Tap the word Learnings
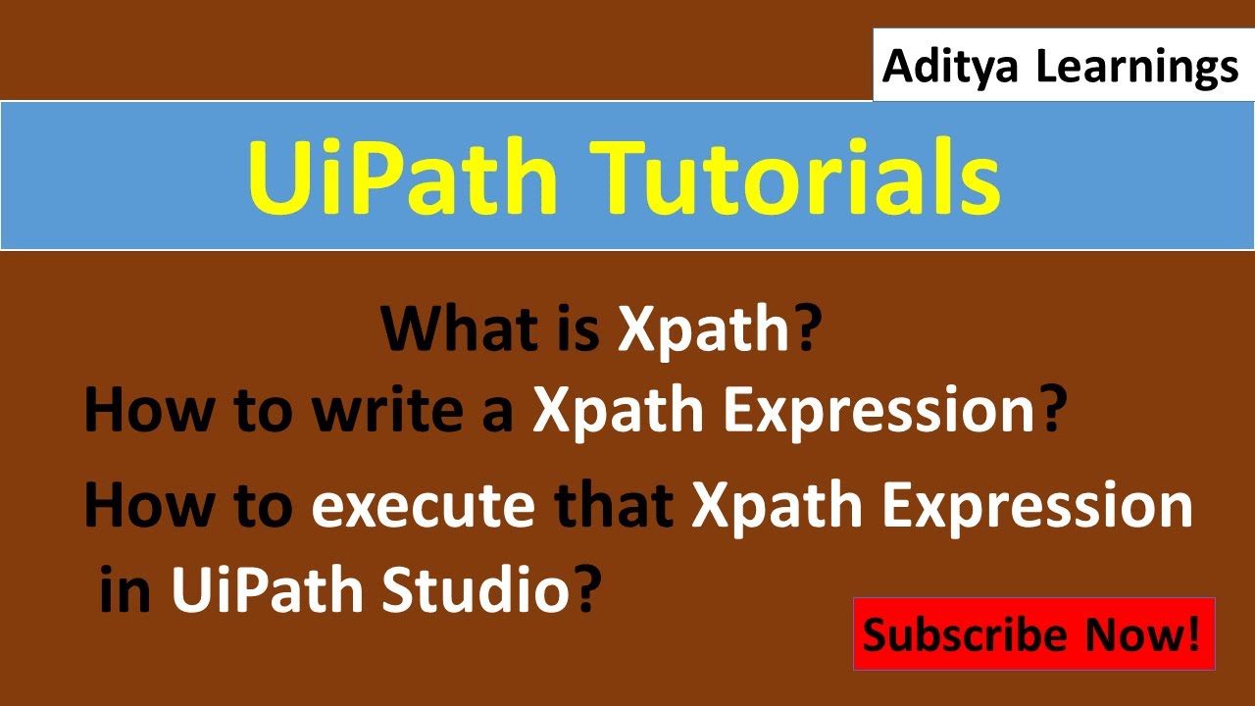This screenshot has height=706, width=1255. click(1137, 67)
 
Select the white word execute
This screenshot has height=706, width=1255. click(424, 505)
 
